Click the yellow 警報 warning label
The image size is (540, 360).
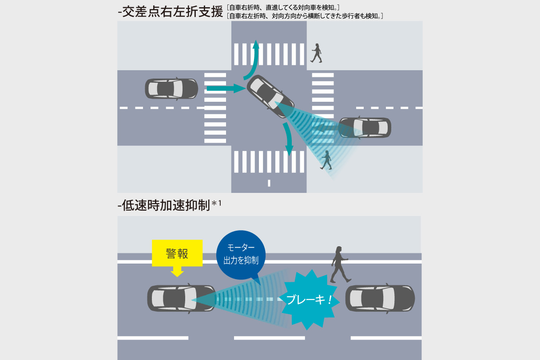click(x=177, y=253)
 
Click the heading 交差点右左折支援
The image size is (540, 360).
click(x=171, y=12)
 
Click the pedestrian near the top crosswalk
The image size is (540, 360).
click(x=317, y=53)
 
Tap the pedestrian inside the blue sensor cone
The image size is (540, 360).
click(x=327, y=160)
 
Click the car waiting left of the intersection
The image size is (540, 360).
click(x=171, y=88)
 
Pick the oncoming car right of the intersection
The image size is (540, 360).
click(x=365, y=128)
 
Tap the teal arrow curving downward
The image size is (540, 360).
click(x=288, y=138)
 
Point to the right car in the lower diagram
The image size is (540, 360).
click(x=380, y=298)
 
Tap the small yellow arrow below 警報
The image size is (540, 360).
click(x=177, y=272)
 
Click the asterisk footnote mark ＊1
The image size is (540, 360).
click(x=216, y=204)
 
